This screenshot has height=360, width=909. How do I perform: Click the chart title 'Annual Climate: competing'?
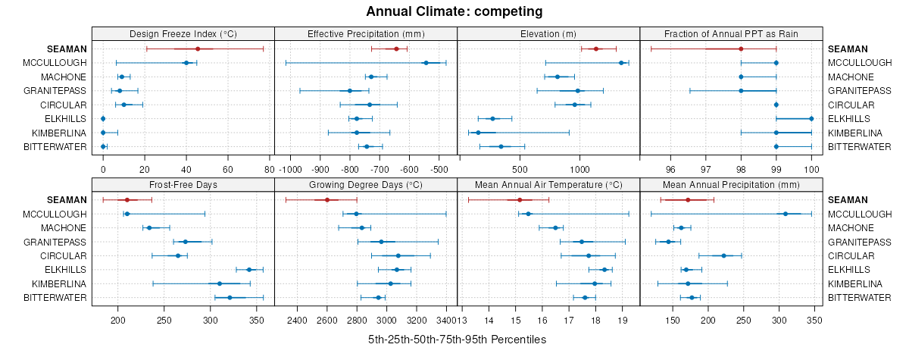pyautogui.click(x=454, y=11)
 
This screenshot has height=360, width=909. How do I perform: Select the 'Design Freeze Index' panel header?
pyautogui.click(x=183, y=34)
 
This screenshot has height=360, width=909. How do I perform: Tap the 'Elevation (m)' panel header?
pyautogui.click(x=548, y=34)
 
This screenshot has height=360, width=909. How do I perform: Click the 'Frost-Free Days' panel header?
pyautogui.click(x=183, y=184)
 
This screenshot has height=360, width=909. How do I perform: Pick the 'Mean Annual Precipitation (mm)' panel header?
pyautogui.click(x=731, y=184)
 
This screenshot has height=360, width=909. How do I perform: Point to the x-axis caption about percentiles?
pyautogui.click(x=457, y=340)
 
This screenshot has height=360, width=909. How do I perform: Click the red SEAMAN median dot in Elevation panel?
pyautogui.click(x=596, y=49)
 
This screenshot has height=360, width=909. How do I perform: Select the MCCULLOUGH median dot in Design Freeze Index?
pyautogui.click(x=186, y=63)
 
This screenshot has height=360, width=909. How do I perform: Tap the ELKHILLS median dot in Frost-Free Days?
pyautogui.click(x=249, y=270)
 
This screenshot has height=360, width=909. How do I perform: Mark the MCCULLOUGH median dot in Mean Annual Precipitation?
pyautogui.click(x=786, y=214)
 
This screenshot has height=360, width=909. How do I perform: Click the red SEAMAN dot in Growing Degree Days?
pyautogui.click(x=327, y=200)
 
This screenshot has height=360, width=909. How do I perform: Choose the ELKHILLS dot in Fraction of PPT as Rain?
pyautogui.click(x=811, y=118)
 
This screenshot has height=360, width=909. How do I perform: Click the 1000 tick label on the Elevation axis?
pyautogui.click(x=579, y=168)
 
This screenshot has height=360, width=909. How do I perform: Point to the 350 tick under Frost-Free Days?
pyautogui.click(x=258, y=321)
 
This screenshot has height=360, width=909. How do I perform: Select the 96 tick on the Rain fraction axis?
pyautogui.click(x=670, y=168)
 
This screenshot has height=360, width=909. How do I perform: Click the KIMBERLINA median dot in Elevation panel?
pyautogui.click(x=478, y=133)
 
